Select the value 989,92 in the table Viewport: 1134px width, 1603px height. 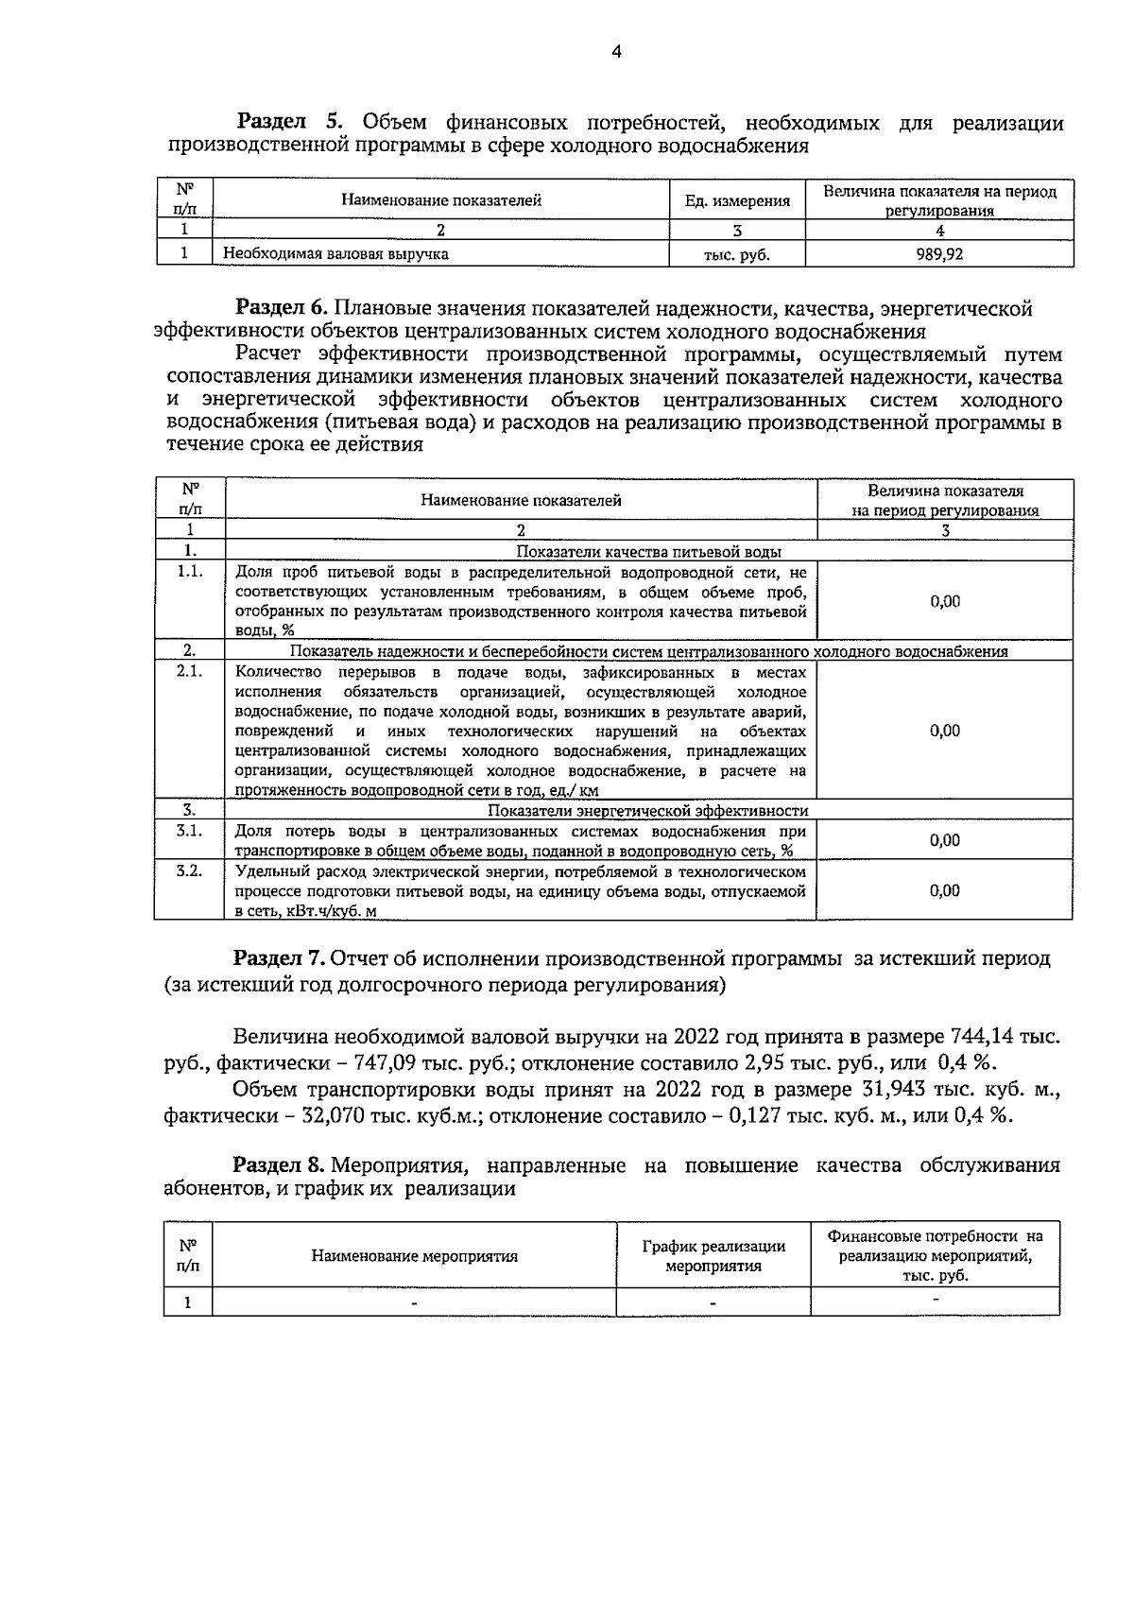pos(939,253)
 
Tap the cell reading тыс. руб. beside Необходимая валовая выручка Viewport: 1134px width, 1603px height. pos(737,254)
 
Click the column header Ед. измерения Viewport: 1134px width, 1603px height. pos(737,200)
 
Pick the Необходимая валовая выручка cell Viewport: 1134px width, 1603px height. pos(335,253)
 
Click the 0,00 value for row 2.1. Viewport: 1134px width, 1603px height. pos(944,730)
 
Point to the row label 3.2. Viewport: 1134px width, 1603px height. pos(190,870)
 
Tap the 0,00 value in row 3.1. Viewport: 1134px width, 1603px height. pos(944,840)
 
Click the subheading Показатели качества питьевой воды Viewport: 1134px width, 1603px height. pos(648,552)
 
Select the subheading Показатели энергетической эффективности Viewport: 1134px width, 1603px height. pos(647,810)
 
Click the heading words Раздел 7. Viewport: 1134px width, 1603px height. pos(280,957)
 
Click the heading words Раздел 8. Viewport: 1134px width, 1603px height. pos(280,1164)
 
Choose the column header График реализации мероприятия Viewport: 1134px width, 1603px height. pos(713,1256)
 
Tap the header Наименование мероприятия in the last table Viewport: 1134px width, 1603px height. pos(415,1256)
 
